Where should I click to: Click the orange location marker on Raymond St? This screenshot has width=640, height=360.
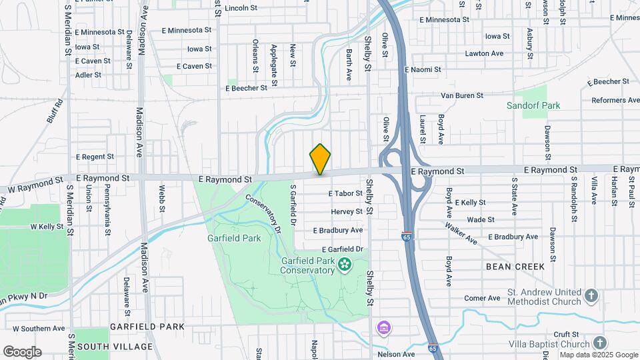point(320,159)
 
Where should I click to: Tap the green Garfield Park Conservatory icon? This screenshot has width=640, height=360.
point(345,265)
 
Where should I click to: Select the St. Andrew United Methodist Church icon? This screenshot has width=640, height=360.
point(591,295)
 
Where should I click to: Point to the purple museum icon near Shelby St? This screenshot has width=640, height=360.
point(383,328)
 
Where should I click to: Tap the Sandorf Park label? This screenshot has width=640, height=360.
point(533,105)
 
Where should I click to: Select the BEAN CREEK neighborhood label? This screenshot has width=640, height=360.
point(516,267)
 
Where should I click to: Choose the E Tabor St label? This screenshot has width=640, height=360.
point(345,193)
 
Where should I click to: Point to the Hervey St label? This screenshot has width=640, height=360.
point(347,211)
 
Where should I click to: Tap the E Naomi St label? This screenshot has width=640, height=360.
point(423,69)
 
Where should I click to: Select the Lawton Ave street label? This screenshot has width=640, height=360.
point(484,53)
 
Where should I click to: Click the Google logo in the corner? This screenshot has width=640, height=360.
point(22,352)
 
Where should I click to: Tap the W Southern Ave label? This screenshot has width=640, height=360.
point(39,329)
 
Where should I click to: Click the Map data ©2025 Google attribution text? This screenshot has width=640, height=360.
point(599,355)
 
